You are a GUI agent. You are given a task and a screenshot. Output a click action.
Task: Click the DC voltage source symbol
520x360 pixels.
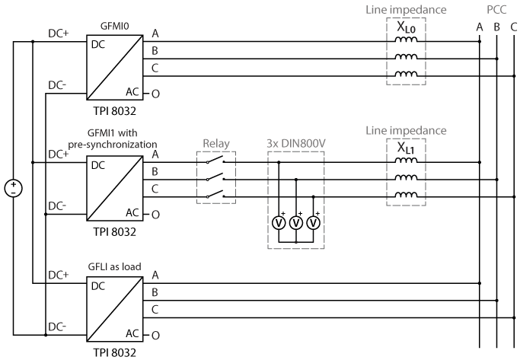(13, 188)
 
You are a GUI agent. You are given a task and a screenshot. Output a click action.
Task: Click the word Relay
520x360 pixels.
(216, 142)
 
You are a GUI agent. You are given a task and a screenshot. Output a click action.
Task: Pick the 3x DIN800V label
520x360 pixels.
(295, 142)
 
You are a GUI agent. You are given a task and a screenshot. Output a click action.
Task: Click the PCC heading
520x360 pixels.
(496, 11)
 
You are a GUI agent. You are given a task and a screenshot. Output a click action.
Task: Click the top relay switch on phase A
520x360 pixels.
(216, 160)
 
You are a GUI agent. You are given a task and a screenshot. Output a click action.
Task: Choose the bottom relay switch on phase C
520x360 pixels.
(216, 196)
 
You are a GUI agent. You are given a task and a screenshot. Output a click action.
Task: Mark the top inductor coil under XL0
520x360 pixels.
(405, 40)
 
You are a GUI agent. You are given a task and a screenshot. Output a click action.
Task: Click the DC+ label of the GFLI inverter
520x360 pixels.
(59, 273)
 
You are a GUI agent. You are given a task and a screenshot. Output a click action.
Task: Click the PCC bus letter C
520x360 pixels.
(514, 27)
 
